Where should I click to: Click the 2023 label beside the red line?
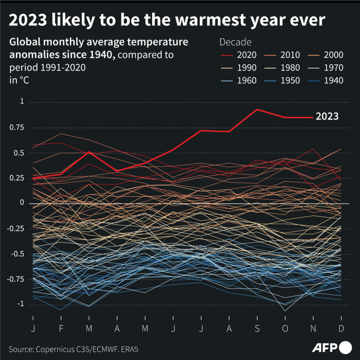(x=327, y=117)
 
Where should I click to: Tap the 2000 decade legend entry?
(x=333, y=55)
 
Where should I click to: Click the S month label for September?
(x=257, y=328)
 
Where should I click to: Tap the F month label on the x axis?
(x=61, y=328)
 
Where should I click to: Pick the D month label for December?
(x=341, y=328)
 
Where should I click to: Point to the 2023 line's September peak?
(x=257, y=109)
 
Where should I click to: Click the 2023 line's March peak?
(x=89, y=152)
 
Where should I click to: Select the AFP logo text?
(x=325, y=348)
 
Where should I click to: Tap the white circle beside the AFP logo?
(x=346, y=348)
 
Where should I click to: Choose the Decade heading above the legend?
(x=235, y=42)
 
